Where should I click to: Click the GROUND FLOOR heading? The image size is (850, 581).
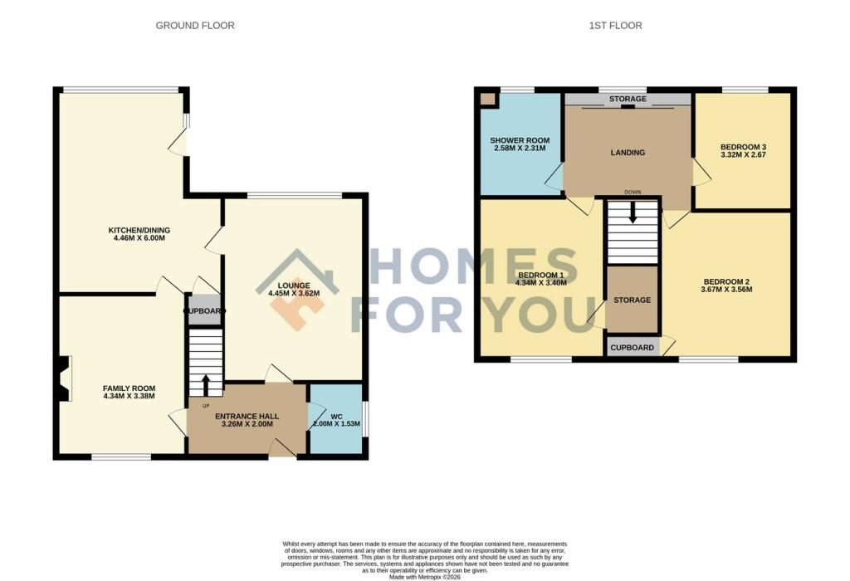pos(194,26)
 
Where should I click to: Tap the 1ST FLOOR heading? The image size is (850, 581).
pos(615,26)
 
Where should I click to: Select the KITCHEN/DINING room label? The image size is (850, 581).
pos(139,231)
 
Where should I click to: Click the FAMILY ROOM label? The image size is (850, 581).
pos(129,388)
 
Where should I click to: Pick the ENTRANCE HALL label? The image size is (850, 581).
pos(247,416)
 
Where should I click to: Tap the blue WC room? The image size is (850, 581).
pos(336,418)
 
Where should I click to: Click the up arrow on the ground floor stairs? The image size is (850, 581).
pos(206,385)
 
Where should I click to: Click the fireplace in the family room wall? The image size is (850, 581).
pos(63,378)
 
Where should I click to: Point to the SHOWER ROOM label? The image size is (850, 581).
pos(520,140)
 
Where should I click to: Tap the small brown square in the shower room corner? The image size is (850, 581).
pos(488,99)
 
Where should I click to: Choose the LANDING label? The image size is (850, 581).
pos(628,152)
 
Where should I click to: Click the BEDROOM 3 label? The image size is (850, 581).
pos(743,147)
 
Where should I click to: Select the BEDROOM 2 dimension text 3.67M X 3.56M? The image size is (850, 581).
pos(726,290)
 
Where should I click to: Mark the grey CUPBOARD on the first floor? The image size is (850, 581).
pos(632,348)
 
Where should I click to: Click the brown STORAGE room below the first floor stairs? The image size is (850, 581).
pos(632,299)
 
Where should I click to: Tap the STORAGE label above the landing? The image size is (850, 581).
pos(628,99)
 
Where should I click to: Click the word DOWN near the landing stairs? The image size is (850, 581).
pos(633,193)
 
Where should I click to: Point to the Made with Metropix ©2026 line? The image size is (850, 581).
pos(424,577)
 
